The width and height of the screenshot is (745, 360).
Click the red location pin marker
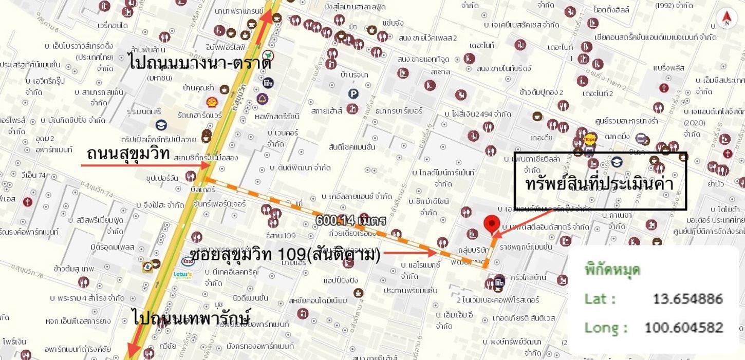tap(492, 223)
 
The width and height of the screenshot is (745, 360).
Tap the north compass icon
tap(726, 18)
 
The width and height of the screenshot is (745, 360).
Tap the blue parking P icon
tap(353, 93)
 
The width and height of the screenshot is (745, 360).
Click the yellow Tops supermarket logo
tap(590, 138)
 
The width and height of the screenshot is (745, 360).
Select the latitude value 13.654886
tap(687, 299)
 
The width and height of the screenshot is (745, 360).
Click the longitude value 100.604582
tap(683, 328)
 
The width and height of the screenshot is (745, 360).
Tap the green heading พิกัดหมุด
tap(612, 270)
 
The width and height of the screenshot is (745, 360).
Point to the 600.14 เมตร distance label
tap(350, 221)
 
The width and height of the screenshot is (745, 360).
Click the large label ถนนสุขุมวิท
tap(128, 153)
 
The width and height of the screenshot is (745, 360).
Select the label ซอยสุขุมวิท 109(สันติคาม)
tap(285, 254)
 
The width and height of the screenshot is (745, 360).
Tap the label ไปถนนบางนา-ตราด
tap(200, 63)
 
